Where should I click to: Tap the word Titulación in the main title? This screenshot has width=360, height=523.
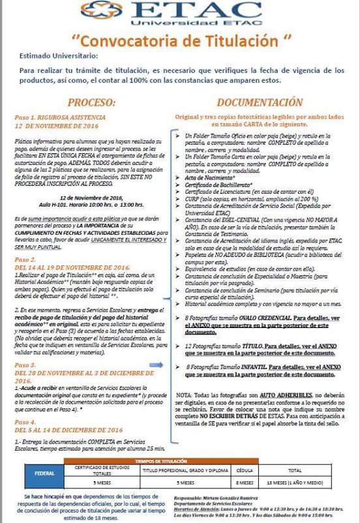239,40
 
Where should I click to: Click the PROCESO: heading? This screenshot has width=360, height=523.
91,102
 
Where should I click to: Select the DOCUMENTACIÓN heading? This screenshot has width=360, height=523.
260,102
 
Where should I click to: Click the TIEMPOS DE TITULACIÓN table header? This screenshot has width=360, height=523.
179,461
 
